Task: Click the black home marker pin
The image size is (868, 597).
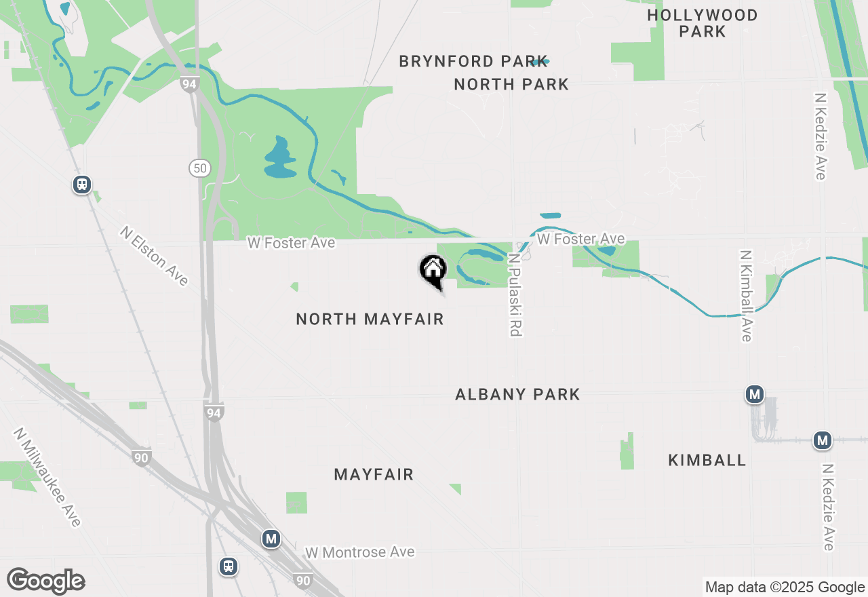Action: click(433, 271)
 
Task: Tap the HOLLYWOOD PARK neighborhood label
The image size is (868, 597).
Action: click(703, 23)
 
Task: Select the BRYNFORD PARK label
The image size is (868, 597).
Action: click(473, 61)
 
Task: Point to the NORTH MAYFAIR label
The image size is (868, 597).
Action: click(370, 319)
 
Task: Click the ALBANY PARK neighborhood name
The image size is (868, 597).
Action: click(517, 394)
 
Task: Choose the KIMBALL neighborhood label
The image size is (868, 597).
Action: click(707, 460)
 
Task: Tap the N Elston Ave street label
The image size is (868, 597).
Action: click(154, 256)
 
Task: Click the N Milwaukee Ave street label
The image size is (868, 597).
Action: click(47, 477)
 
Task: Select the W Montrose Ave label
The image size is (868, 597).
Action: click(359, 552)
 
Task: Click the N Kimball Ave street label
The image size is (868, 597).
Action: click(746, 296)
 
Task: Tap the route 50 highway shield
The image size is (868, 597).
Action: click(199, 168)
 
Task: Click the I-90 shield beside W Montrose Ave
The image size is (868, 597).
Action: click(304, 580)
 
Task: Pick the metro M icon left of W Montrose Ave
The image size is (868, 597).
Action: click(271, 539)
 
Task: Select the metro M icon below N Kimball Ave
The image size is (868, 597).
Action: click(754, 393)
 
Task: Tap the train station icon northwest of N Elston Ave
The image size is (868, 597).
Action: click(82, 185)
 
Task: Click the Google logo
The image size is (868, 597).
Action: click(45, 581)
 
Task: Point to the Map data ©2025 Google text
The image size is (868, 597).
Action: click(785, 588)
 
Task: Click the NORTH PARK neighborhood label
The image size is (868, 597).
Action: click(511, 84)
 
